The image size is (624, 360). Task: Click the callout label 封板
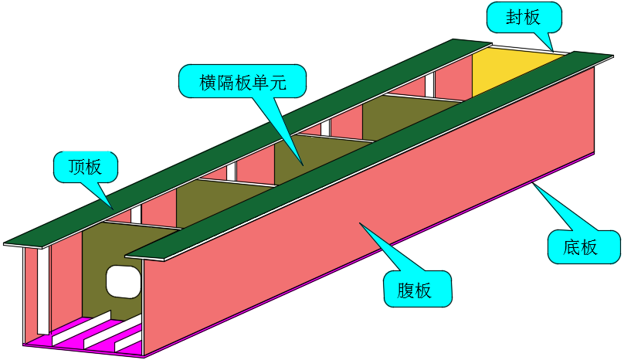523,18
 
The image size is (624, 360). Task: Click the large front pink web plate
371,216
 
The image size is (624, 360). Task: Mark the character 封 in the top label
514,18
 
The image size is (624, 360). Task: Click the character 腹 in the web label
406,290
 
